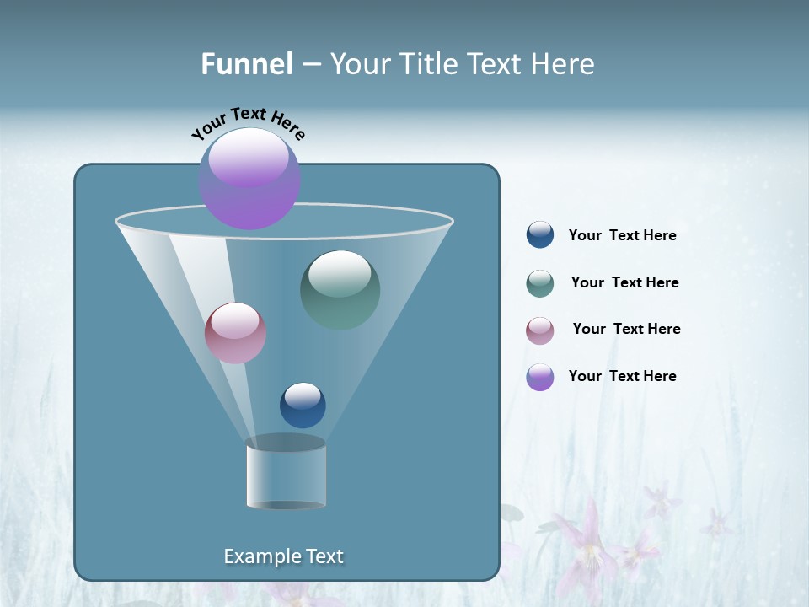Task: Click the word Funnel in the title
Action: coord(246,64)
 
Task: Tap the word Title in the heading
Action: coord(427,64)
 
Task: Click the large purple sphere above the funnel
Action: coord(249,178)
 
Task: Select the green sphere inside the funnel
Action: coord(340,289)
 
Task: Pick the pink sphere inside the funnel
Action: coord(235,333)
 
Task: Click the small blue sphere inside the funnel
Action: coord(303,405)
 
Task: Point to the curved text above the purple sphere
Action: coord(248,123)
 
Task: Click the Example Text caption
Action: coord(283,556)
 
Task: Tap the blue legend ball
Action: coord(540,235)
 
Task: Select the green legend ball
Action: coord(540,283)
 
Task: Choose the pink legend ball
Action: coord(540,330)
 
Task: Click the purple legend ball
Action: coord(540,377)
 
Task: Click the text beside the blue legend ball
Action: coord(622,236)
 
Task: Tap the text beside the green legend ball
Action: coord(624,283)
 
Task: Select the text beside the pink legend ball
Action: coord(626,330)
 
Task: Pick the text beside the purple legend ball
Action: coord(622,377)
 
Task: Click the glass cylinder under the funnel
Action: coord(286,474)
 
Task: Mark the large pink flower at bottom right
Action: coord(590,548)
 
